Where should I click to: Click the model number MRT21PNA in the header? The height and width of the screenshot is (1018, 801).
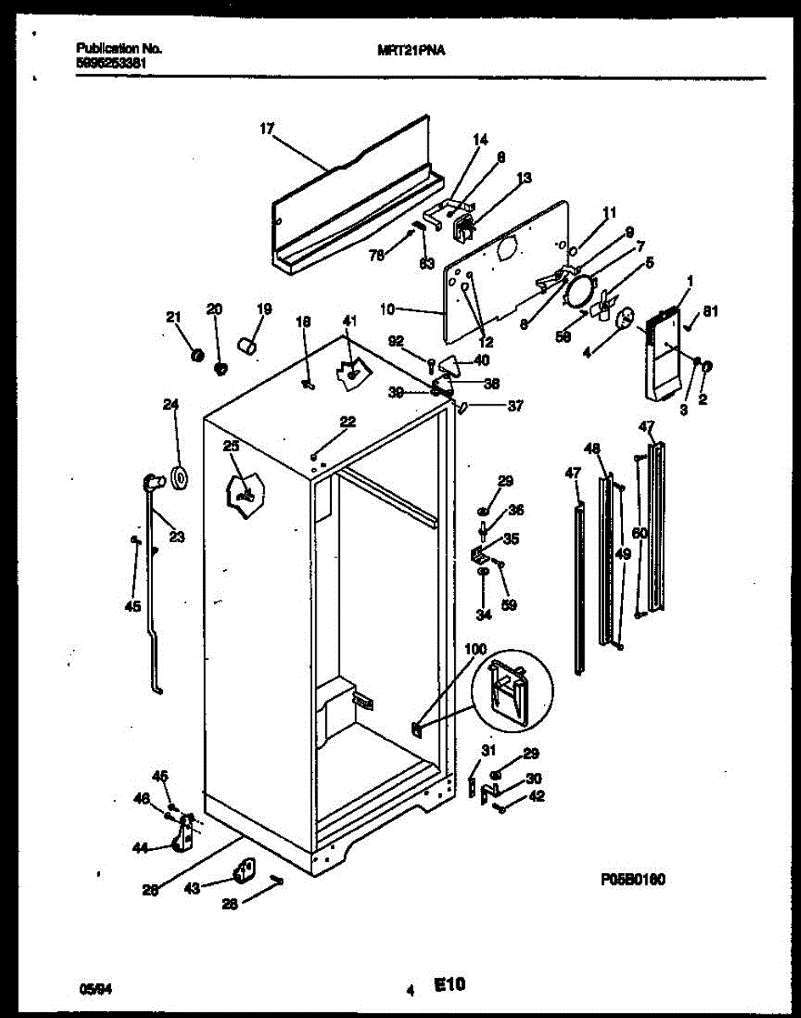tap(412, 50)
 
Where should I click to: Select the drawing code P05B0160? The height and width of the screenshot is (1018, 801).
tap(629, 880)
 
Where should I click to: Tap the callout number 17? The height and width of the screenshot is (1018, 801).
tap(267, 129)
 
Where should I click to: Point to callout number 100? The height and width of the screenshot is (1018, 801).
tap(475, 649)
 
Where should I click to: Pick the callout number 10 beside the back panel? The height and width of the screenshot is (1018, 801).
tap(387, 310)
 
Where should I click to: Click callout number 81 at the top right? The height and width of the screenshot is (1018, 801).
tap(710, 310)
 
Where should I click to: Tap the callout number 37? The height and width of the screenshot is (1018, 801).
tap(515, 406)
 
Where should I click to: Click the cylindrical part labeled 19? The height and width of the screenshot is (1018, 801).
tap(247, 346)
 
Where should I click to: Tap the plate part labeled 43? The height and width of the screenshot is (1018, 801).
tap(245, 870)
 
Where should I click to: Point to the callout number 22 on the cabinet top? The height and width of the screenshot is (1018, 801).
tap(347, 422)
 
